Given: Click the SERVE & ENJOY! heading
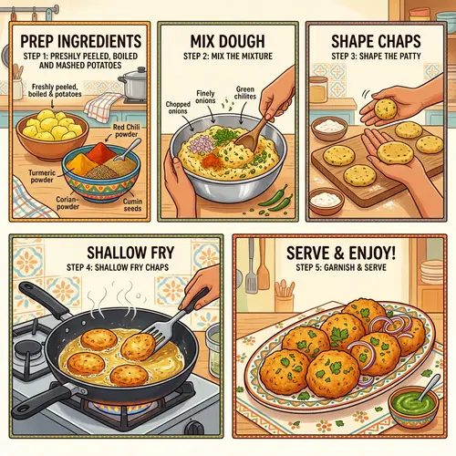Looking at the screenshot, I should (x=343, y=250).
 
